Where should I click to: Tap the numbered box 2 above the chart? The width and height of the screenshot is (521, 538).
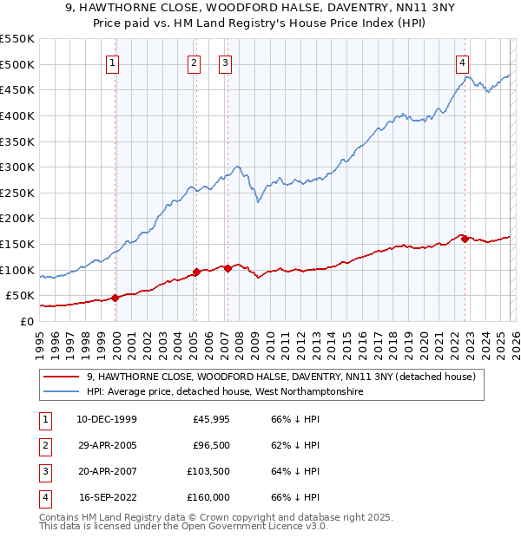coord(193,62)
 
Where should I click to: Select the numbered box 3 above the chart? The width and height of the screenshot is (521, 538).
coord(225,62)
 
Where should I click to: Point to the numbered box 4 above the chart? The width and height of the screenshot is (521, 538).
coord(463,62)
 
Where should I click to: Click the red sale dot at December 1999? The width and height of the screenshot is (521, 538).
coord(115,298)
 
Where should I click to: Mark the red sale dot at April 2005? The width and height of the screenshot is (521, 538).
coord(196,272)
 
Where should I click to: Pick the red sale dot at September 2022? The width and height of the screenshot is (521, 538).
coord(465,239)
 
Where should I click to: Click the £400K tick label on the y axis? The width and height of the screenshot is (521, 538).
coord(16,115)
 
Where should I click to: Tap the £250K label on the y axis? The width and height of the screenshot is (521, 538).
coord(16,193)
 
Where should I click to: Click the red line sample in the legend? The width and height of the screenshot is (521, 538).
coord(62,377)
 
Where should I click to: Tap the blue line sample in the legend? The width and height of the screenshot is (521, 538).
coord(62,392)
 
